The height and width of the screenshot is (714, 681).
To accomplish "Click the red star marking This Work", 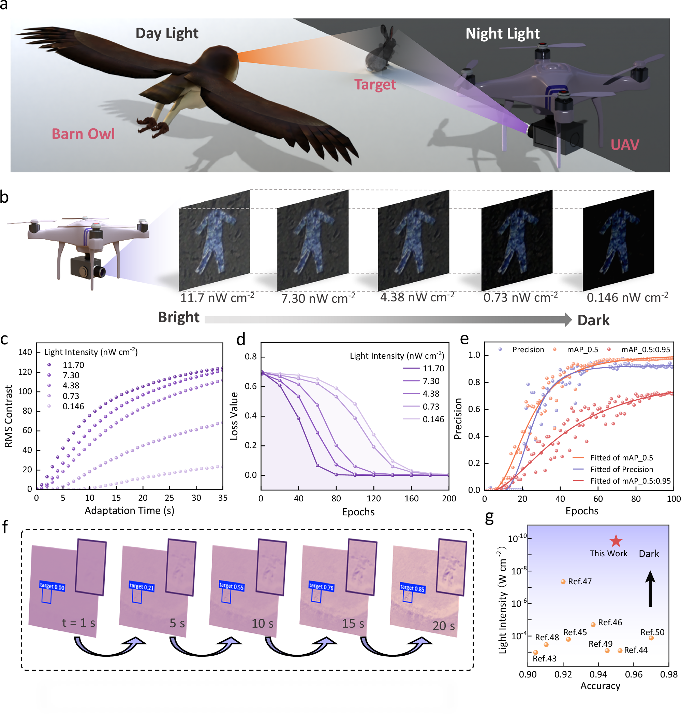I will [x=616, y=541].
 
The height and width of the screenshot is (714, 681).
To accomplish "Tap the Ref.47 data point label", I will [x=580, y=581].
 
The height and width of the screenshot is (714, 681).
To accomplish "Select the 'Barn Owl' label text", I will [x=83, y=134].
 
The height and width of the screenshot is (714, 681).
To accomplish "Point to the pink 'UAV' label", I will [x=625, y=145].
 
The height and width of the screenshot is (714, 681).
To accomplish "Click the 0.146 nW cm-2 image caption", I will [x=627, y=297].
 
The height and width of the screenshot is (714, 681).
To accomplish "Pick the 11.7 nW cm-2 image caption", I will [x=217, y=298].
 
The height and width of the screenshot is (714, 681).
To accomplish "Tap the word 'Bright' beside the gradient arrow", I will [x=179, y=317].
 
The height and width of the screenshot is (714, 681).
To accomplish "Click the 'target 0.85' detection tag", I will [x=412, y=588].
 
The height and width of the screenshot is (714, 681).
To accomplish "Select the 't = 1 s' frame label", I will [x=78, y=623].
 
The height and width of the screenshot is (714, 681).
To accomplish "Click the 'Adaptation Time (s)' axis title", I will [x=129, y=511].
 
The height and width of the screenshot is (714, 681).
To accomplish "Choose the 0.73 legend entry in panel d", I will [x=431, y=406].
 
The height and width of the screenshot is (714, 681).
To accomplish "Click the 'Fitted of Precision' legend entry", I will [x=621, y=469].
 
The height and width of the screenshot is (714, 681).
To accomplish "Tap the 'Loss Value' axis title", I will [x=234, y=416].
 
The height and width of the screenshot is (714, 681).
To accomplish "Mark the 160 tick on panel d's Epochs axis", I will [x=411, y=498].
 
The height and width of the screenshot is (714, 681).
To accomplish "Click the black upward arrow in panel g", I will [x=650, y=589].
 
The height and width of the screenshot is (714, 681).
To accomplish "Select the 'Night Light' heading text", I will [x=502, y=33].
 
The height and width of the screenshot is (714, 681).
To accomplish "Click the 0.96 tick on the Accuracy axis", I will [x=634, y=674].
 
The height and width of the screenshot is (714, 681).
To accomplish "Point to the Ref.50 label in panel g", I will [x=652, y=632].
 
